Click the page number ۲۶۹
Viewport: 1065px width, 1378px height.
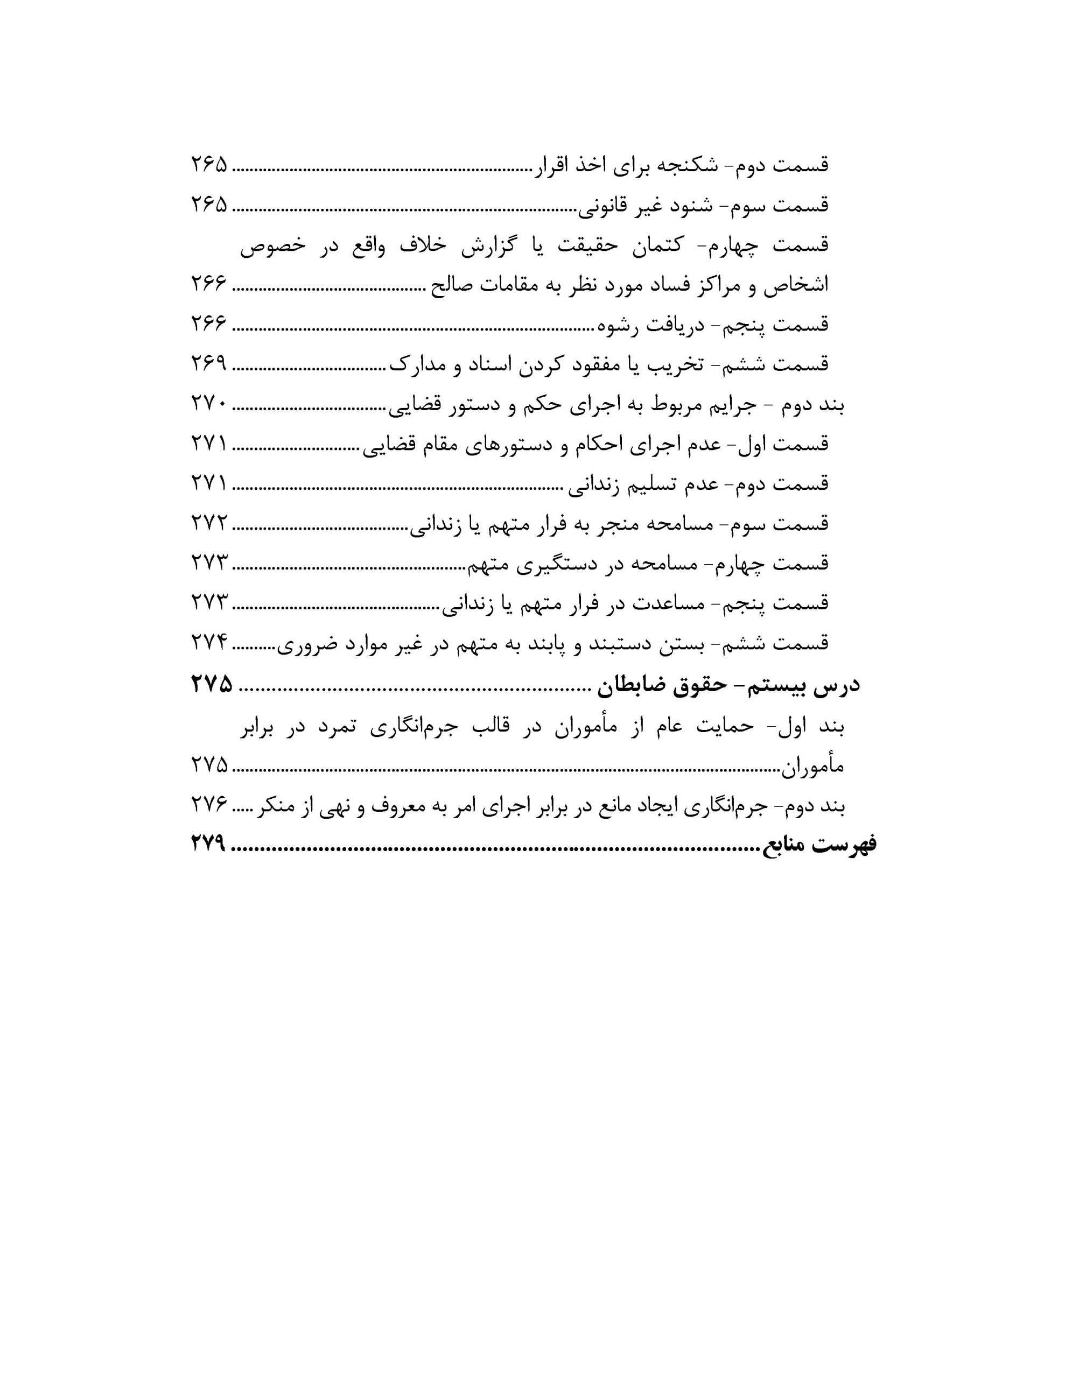click(209, 363)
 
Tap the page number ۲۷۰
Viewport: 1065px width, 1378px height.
click(209, 403)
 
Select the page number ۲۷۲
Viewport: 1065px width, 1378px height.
click(209, 523)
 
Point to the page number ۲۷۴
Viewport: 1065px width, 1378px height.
click(209, 642)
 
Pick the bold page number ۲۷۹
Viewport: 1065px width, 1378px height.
click(209, 843)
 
